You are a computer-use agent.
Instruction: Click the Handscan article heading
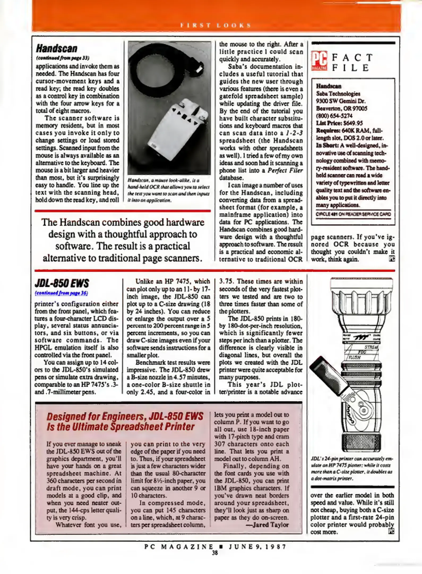57,49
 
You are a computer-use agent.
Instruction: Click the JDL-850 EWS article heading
62,283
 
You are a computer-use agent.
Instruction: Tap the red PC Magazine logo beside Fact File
319,61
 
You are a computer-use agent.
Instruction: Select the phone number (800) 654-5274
334,116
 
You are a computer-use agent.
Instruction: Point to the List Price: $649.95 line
339,123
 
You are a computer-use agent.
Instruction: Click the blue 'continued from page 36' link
61,293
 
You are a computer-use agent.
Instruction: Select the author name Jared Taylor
270,525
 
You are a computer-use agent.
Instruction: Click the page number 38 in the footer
215,553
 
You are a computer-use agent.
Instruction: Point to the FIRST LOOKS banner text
216,26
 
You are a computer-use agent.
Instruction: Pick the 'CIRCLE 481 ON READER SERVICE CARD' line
353,214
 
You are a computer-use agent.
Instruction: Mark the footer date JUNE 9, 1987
257,547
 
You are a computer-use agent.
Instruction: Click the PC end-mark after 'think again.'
392,259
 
